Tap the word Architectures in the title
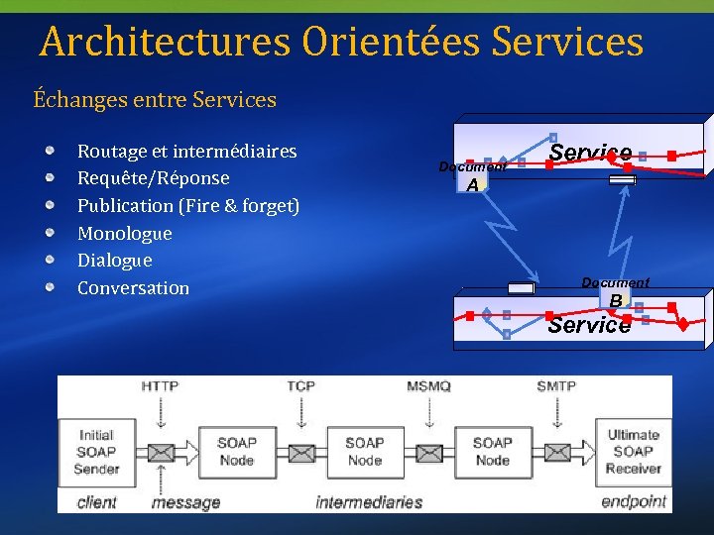(166, 43)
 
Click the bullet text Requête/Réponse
(153, 178)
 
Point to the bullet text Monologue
(124, 234)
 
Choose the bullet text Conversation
(133, 288)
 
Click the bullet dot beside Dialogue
(50, 260)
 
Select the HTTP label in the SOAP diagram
(161, 385)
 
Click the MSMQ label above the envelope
(428, 385)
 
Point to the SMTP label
(555, 385)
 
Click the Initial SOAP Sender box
(96, 452)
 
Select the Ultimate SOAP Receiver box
(633, 452)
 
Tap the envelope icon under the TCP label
(301, 454)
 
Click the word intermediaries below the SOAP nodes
(369, 502)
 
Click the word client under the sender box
(96, 502)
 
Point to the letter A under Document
(473, 185)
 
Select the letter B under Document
(616, 300)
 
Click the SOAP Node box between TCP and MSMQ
(365, 452)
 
